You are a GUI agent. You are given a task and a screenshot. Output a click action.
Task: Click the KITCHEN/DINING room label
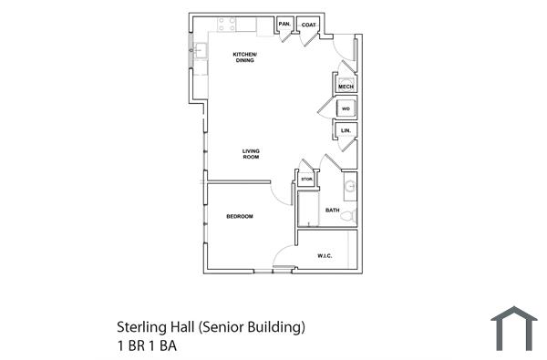[x=245, y=57]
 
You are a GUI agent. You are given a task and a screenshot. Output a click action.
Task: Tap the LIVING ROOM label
[x=251, y=154]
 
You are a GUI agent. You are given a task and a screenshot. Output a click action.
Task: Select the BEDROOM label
[x=240, y=216]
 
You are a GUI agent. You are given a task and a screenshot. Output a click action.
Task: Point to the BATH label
[x=332, y=211]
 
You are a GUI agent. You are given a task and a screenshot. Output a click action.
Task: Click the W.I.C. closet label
[x=325, y=256]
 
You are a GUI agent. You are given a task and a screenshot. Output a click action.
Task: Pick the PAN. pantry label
[x=284, y=24]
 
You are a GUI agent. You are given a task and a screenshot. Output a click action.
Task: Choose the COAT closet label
[x=309, y=24]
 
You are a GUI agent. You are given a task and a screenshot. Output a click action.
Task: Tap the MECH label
[x=346, y=87]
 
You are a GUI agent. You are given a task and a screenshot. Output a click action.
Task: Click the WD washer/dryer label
[x=346, y=109]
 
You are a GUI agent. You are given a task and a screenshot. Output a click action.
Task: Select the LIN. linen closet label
[x=346, y=131]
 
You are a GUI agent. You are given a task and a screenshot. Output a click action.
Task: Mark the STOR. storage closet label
[x=307, y=180]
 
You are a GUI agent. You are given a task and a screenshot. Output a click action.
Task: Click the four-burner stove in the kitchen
[x=227, y=25]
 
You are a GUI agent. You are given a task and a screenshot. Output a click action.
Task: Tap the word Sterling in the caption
[x=139, y=325]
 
